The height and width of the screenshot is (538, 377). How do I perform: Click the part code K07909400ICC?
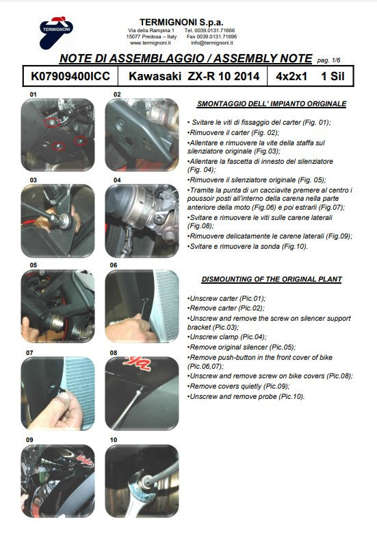point(70,76)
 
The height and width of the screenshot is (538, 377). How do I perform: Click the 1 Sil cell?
point(333,76)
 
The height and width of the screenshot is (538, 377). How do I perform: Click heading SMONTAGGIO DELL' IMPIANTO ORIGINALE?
point(272,103)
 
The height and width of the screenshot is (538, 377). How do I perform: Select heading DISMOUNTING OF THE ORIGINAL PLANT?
point(272,279)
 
